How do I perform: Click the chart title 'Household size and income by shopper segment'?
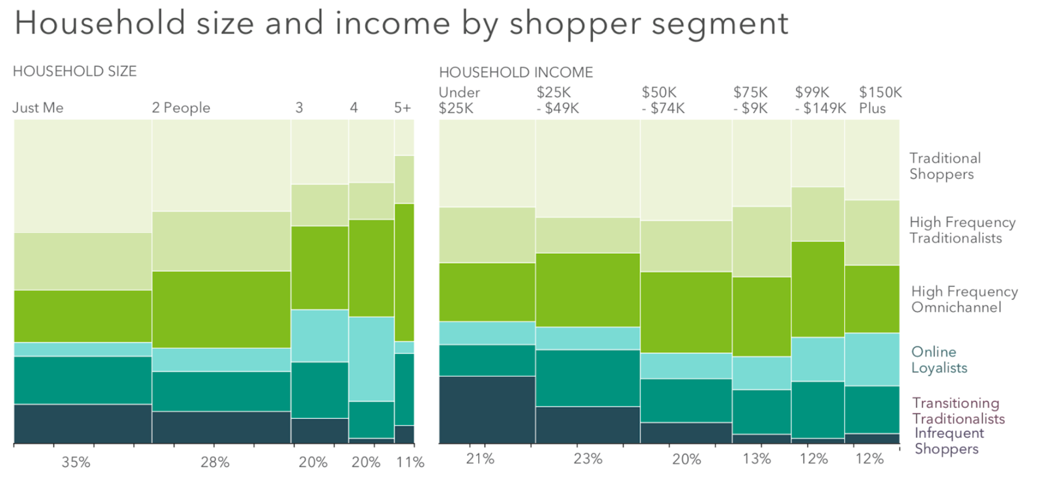[401, 23]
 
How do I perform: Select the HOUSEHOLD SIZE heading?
[75, 72]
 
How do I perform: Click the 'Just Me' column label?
[38, 108]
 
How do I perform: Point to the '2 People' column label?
[181, 108]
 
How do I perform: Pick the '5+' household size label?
[402, 108]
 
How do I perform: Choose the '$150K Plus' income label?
[880, 100]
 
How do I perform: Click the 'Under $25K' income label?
[459, 100]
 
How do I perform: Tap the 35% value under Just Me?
[76, 463]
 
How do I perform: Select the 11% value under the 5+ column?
[410, 463]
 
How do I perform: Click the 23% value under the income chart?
[587, 459]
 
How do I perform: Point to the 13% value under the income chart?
[757, 459]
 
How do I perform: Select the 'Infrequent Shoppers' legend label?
[949, 441]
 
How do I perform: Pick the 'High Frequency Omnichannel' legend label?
[965, 299]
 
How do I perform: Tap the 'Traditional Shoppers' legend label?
[945, 166]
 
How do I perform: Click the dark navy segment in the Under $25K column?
[487, 409]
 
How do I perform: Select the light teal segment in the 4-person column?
[371, 359]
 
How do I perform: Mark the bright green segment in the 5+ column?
[404, 272]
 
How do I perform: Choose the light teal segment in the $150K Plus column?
[872, 359]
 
